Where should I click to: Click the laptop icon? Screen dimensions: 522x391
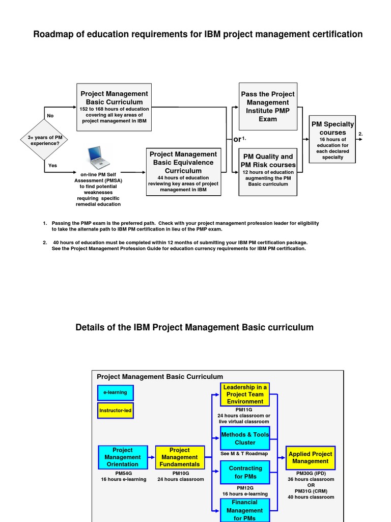tap(98, 158)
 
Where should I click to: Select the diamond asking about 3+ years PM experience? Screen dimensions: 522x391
tap(44, 140)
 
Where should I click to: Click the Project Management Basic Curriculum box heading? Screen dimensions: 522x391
tap(114, 98)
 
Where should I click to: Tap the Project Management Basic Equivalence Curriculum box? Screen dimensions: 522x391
tap(183, 172)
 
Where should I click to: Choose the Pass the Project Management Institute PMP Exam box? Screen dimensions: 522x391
tap(267, 107)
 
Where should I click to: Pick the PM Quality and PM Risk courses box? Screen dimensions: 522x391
tap(268, 172)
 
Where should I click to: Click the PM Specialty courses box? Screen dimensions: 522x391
tap(332, 139)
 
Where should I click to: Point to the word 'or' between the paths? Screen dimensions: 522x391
tap(237, 140)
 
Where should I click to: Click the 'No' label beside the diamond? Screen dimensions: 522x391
tap(50, 116)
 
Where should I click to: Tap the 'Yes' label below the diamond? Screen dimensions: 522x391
tap(52, 165)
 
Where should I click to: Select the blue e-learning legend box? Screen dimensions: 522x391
tap(116, 393)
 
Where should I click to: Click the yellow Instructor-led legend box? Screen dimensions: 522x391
tap(116, 410)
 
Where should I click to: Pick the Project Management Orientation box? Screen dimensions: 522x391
tap(122, 457)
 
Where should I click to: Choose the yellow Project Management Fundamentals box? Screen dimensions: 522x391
tap(179, 457)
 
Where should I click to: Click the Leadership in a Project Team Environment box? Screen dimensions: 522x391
tap(244, 395)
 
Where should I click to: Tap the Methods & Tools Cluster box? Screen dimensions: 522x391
tap(244, 438)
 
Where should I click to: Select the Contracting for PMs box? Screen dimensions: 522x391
tap(245, 472)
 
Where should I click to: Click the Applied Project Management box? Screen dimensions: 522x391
tap(310, 457)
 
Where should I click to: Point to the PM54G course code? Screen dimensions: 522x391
tap(123, 473)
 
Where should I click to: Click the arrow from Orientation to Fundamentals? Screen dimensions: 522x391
tap(151, 457)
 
